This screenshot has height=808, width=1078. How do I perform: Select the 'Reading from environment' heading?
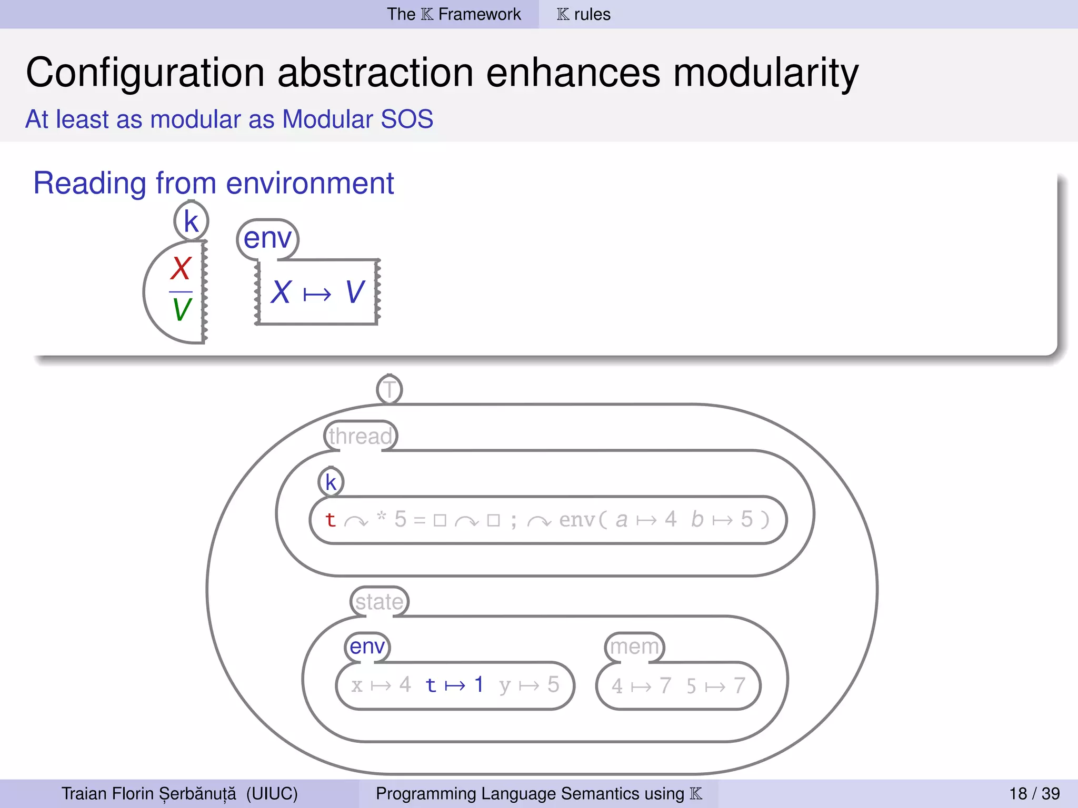pos(213,184)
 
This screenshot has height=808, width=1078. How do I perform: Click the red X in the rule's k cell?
pos(181,269)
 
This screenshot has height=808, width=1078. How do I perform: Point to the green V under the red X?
pos(182,309)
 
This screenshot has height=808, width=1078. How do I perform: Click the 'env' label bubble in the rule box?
pos(267,238)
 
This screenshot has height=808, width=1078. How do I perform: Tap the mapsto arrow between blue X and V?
pos(317,294)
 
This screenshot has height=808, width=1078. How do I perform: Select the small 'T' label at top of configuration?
pos(390,390)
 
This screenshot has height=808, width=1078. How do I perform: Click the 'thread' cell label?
pos(361,436)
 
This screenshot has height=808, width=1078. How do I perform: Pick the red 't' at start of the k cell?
pos(331,520)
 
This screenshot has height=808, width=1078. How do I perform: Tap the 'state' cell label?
pos(379,601)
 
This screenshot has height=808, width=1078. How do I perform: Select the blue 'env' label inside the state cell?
pos(367,647)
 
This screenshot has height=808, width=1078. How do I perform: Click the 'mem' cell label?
pos(634,647)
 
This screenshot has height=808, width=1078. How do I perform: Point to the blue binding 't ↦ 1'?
pos(454,685)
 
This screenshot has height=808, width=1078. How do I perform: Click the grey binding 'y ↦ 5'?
pos(528,685)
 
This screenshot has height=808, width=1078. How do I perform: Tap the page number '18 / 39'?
pos(1034,793)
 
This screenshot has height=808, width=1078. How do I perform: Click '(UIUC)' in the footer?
pos(272,793)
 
